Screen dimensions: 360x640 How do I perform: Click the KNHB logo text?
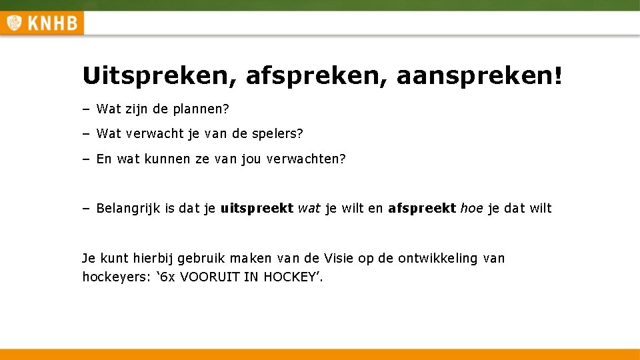51,24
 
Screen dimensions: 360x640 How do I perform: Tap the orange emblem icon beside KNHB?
13,24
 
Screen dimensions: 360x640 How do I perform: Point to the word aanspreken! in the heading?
479,76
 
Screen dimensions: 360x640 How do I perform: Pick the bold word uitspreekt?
257,208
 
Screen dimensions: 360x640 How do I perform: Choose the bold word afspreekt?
421,208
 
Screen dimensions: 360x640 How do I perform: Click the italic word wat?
309,208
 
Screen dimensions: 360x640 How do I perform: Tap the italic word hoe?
472,208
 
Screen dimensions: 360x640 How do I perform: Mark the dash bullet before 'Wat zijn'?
86,108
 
